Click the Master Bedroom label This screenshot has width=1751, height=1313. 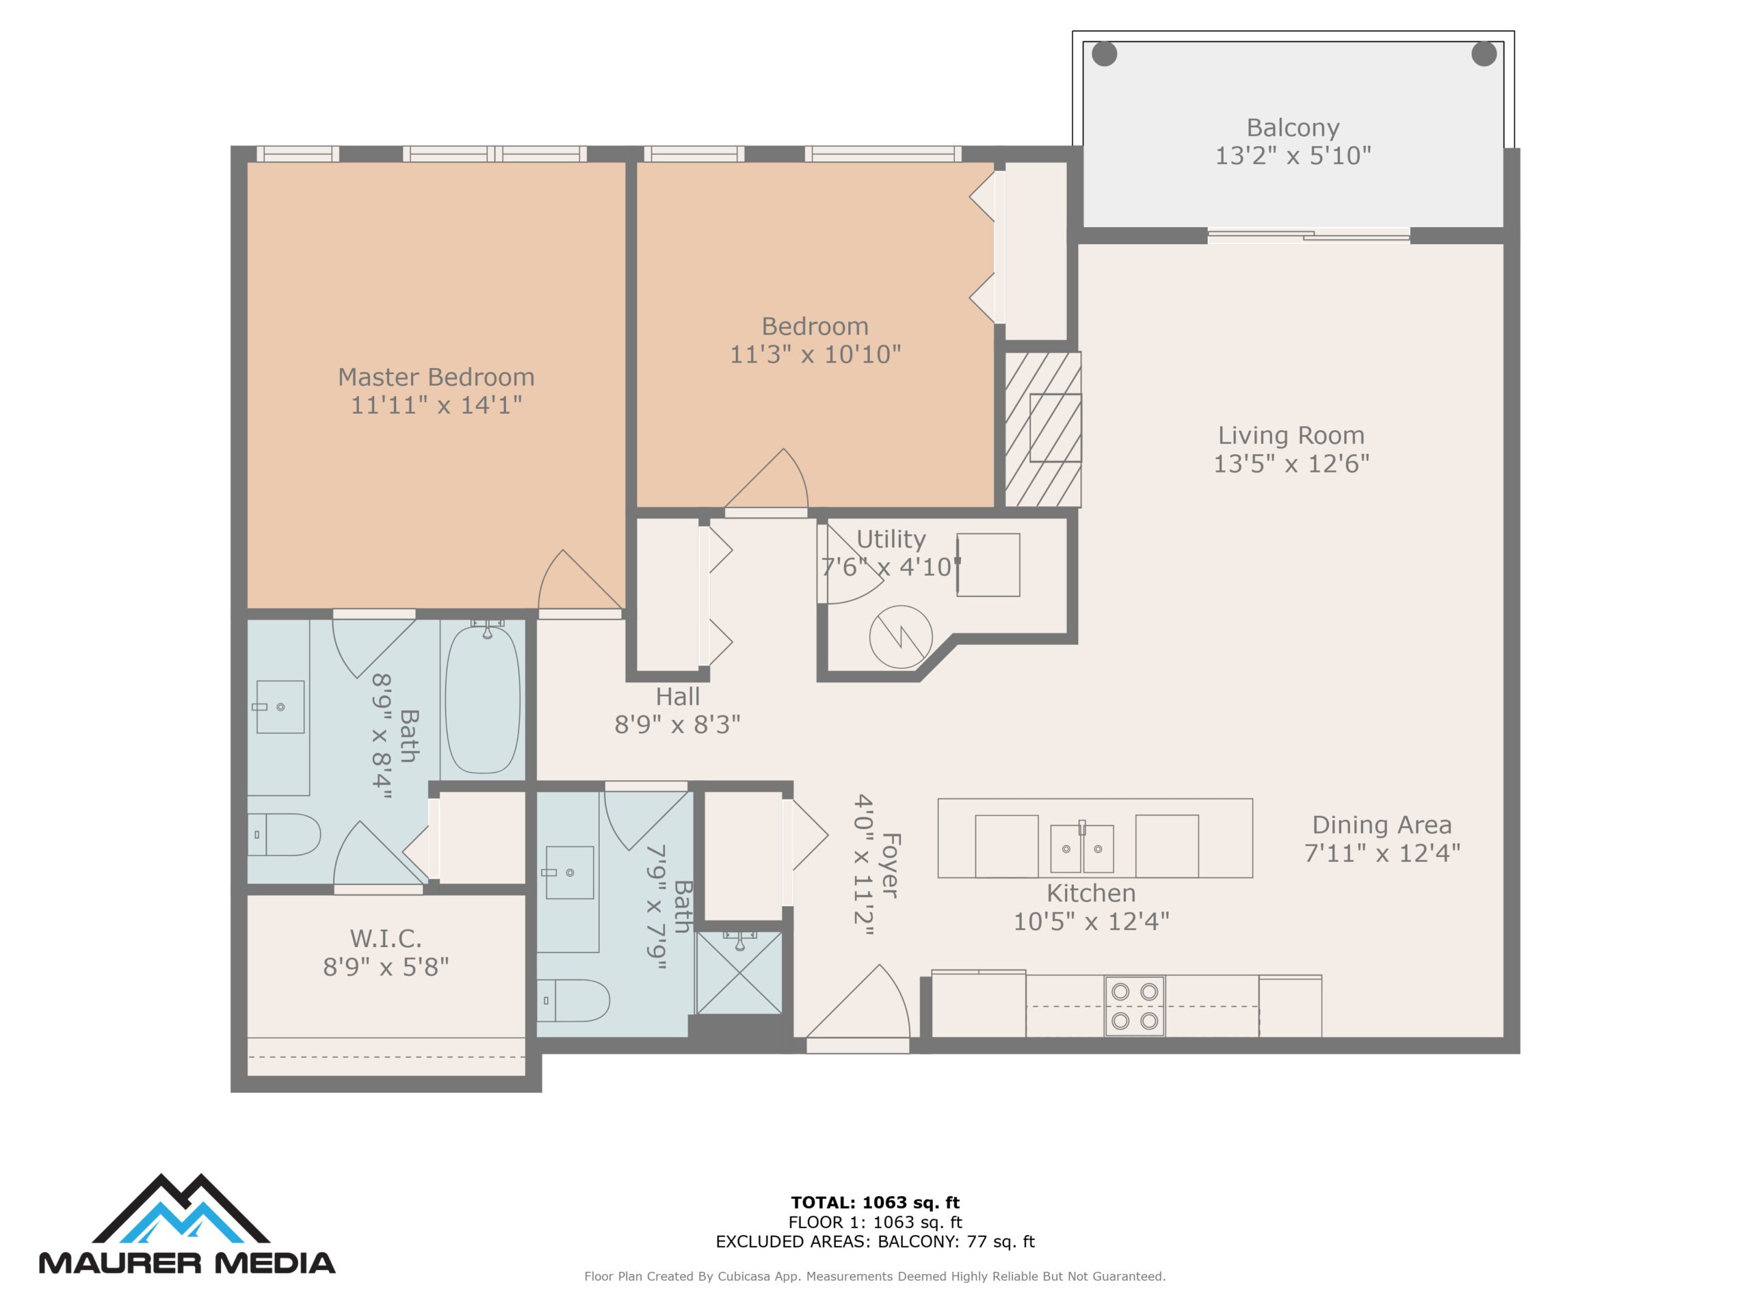pos(436,377)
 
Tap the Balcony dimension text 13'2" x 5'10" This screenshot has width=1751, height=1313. pos(1293,156)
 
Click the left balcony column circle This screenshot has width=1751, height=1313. pos(1104,54)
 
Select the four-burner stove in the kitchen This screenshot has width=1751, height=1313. pos(1134,1006)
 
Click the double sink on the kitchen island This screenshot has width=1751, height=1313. pos(1081,849)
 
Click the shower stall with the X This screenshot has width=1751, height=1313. pos(739,972)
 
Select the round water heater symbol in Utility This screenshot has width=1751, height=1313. pos(900,636)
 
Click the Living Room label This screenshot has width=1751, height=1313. pos(1291,436)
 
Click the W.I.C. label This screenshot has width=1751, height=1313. pos(386,939)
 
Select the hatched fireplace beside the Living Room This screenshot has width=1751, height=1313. pos(1042,429)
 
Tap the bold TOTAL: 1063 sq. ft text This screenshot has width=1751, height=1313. pos(875,1203)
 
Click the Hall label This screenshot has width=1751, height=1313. pos(678,696)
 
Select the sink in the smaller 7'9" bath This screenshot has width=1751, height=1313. pos(570,872)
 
